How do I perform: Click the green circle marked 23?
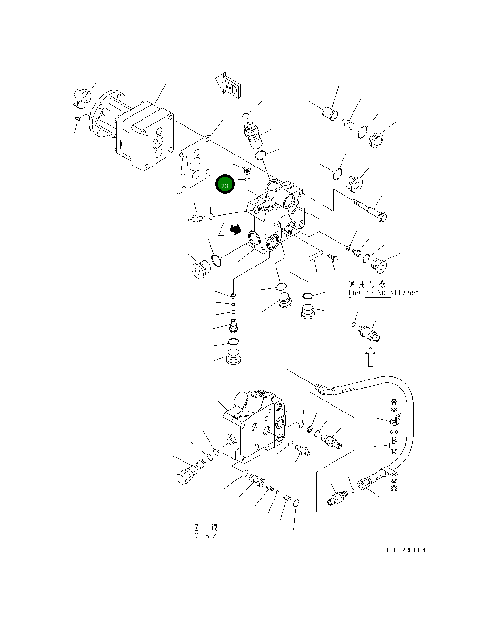[x=224, y=185]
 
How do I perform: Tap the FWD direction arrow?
[x=228, y=86]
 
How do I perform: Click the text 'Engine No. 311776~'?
[x=385, y=292]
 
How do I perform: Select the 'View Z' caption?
[x=206, y=535]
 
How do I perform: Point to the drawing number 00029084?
[x=406, y=550]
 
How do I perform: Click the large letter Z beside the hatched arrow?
[x=221, y=230]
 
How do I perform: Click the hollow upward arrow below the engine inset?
[x=370, y=357]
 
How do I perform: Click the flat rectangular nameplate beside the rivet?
[x=316, y=256]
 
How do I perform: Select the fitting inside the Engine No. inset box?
[x=370, y=333]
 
